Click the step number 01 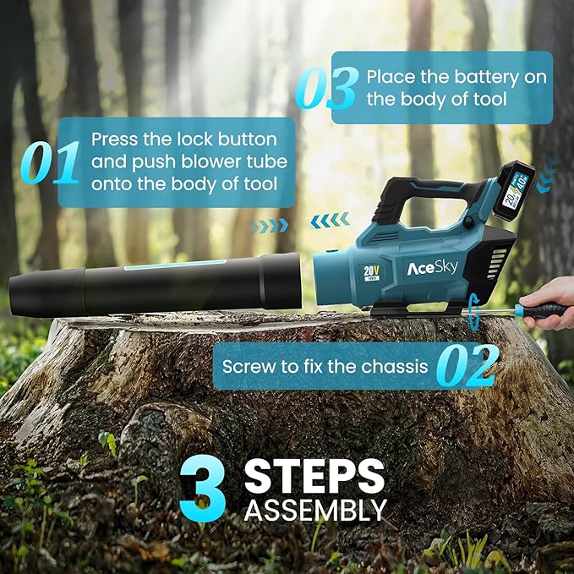pos(49,161)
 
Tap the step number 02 pos(467,366)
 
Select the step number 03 pos(327,88)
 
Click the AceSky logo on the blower pos(432,268)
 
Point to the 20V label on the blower pos(371,273)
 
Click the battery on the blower pos(514,191)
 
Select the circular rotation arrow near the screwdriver pos(473,311)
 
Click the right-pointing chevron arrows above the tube pos(270,226)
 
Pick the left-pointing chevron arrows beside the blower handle pos(330,221)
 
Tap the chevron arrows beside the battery pos(548,174)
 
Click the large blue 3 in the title pos(202,488)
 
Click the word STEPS pos(314,476)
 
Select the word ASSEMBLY pos(315,510)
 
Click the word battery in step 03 pos(486,78)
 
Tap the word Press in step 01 pos(114,139)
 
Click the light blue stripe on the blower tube pos(175,265)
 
